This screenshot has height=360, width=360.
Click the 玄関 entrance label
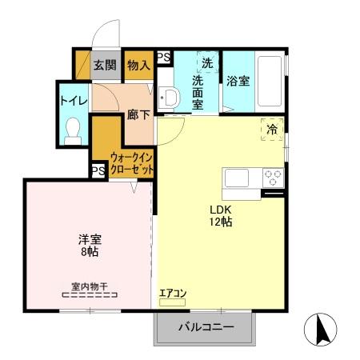click(x=105, y=66)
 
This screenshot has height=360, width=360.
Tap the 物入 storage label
click(x=138, y=66)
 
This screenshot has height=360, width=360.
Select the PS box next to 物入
click(x=163, y=57)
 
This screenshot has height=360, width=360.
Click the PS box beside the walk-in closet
click(x=98, y=171)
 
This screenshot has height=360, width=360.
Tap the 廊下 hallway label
click(x=138, y=114)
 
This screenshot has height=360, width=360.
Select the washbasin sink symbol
click(x=168, y=98)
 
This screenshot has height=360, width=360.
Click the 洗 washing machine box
click(x=207, y=63)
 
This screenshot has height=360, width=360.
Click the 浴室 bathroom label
click(x=238, y=81)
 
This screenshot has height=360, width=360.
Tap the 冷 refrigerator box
click(x=272, y=129)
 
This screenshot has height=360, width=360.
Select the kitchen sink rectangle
click(x=239, y=177)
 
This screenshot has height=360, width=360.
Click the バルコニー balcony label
click(x=205, y=327)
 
